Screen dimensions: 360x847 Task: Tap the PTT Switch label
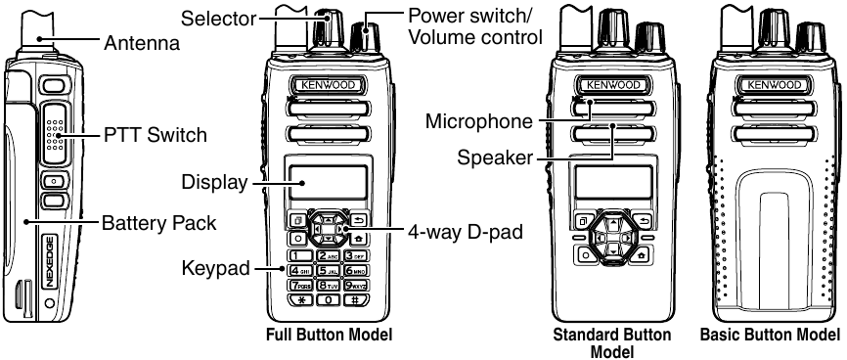pos(156,135)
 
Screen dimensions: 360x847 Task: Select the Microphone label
pos(479,122)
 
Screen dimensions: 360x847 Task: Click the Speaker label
pos(493,157)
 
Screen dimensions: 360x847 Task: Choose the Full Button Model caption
pos(330,336)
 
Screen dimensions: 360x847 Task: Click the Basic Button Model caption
pos(770,336)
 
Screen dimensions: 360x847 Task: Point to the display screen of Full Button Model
pos(327,184)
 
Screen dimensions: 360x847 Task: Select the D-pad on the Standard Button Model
pos(612,235)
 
